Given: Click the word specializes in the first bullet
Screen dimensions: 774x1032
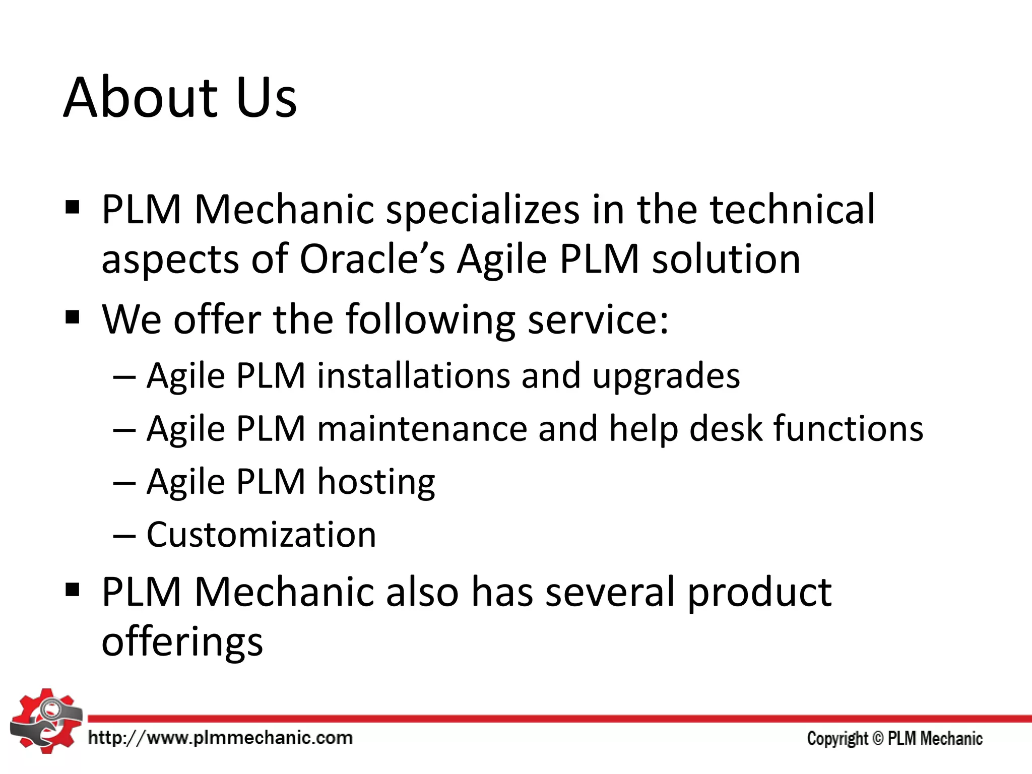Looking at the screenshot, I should point(483,210).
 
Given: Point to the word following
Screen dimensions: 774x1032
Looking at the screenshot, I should point(430,320).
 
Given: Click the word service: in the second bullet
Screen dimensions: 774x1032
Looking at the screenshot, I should point(598,319).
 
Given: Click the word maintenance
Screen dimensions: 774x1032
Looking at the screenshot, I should point(422,429).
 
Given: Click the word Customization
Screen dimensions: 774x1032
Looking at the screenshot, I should point(261,535).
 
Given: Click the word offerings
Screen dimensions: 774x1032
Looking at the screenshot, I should point(182,642).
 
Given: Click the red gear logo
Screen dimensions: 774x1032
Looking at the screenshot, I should point(45,721).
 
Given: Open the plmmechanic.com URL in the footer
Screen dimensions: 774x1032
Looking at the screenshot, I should point(220,738).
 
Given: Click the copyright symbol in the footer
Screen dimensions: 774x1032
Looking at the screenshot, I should point(877,738).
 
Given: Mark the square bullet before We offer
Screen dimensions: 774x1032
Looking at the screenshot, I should point(73,318).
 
